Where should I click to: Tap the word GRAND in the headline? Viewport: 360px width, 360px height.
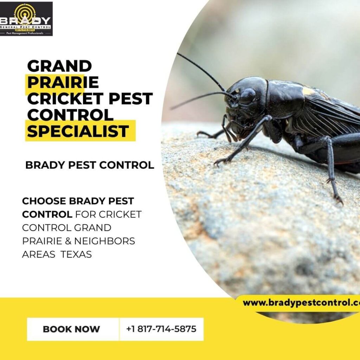coord(59,66)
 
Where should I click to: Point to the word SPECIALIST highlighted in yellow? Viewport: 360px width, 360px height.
coord(78,131)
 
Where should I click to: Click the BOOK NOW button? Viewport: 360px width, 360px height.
coord(71,329)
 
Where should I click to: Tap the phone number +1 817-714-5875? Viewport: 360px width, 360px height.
coord(161,329)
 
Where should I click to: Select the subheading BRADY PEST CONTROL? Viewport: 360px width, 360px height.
coord(90,165)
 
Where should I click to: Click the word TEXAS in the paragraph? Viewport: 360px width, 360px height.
coord(76,254)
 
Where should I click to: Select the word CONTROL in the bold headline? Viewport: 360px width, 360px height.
coord(70,115)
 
